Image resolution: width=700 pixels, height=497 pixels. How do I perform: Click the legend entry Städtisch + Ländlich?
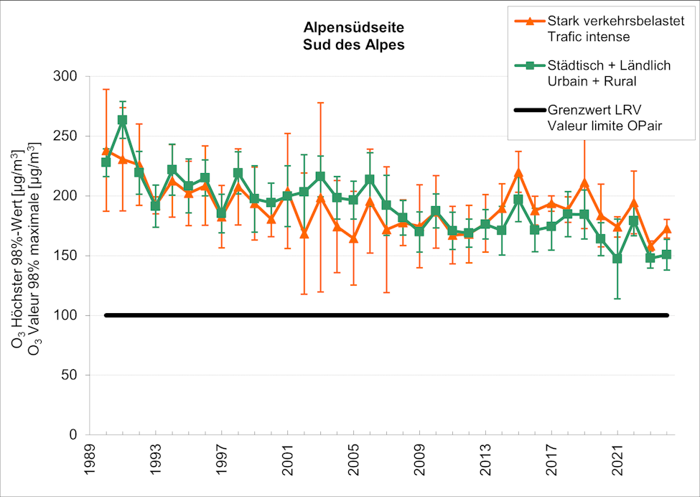pyautogui.click(x=608, y=65)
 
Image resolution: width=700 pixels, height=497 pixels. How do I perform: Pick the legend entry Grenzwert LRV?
pyautogui.click(x=594, y=111)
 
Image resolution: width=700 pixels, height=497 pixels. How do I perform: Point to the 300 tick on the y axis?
pyautogui.click(x=70, y=77)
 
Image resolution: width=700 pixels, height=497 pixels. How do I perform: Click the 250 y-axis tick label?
pyautogui.click(x=70, y=136)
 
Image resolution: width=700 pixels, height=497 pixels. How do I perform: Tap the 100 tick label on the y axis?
pyautogui.click(x=70, y=315)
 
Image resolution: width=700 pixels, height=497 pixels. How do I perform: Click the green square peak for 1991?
pyautogui.click(x=122, y=120)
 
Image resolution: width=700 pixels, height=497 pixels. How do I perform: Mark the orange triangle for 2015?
pyautogui.click(x=518, y=172)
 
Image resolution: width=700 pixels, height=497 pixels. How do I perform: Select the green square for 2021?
pyautogui.click(x=617, y=259)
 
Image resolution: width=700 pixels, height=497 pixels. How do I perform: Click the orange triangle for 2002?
pyautogui.click(x=304, y=233)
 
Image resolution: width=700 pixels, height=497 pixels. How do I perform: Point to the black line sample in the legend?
pyautogui.click(x=529, y=111)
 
